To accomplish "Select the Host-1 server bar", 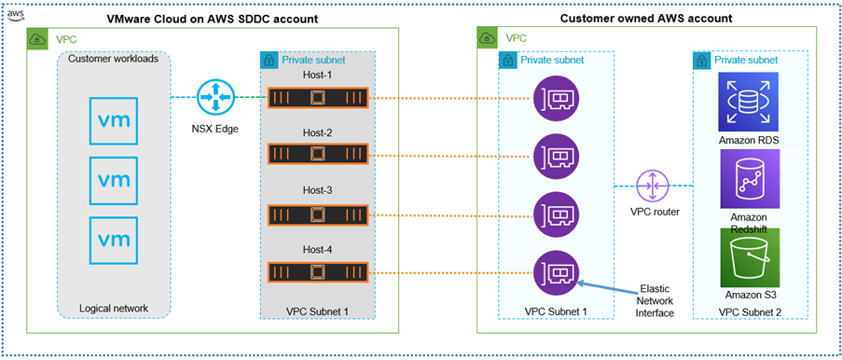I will (x=318, y=96).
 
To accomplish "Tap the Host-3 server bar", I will (x=318, y=213).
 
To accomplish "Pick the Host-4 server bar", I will (x=318, y=271).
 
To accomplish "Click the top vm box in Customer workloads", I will (x=115, y=121).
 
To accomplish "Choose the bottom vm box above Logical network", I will (x=115, y=239).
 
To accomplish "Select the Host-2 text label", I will (x=318, y=132).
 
